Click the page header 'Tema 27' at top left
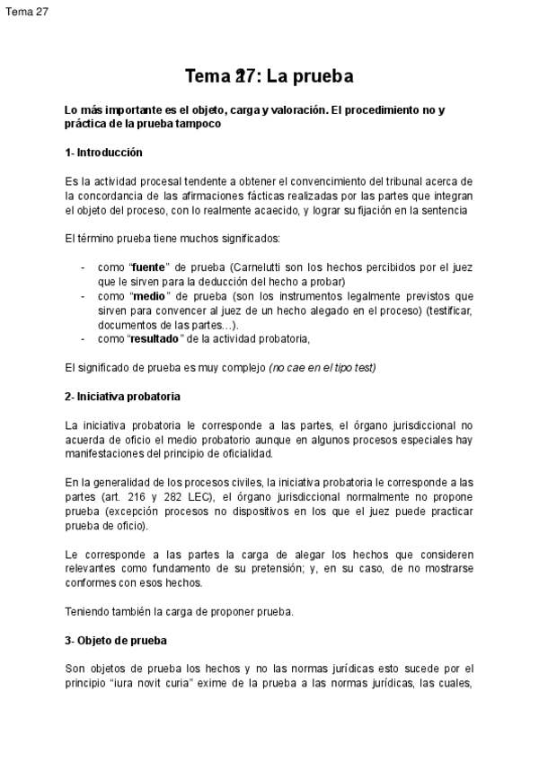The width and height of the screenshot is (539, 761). pyautogui.click(x=27, y=11)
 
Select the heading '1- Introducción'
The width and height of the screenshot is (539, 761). pyautogui.click(x=103, y=153)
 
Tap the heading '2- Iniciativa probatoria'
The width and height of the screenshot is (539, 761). pyautogui.click(x=122, y=396)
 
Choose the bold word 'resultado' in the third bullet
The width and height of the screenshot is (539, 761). pyautogui.click(x=156, y=338)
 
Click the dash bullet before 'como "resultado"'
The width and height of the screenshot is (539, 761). pyautogui.click(x=84, y=338)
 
